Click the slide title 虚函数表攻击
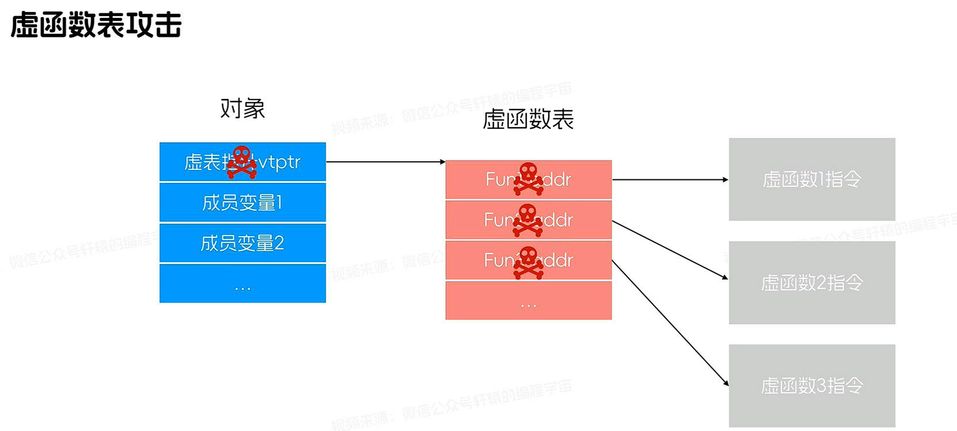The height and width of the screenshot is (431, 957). click(x=96, y=25)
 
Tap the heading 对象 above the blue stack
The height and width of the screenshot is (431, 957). click(x=242, y=108)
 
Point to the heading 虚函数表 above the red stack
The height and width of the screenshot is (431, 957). click(x=528, y=119)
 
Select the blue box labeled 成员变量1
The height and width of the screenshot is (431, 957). click(x=242, y=202)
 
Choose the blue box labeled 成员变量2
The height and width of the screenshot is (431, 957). click(x=242, y=243)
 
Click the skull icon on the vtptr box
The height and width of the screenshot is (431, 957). click(x=242, y=162)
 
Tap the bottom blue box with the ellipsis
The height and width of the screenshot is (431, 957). click(x=242, y=283)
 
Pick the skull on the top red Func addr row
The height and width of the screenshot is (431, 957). click(x=528, y=179)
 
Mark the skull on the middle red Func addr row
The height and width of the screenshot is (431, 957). click(x=527, y=220)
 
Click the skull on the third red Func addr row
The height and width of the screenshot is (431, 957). click(x=528, y=262)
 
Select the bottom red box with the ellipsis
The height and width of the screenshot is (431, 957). click(x=528, y=301)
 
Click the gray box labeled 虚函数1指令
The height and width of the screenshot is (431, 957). click(x=811, y=179)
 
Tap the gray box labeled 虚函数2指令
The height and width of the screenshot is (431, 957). click(x=811, y=283)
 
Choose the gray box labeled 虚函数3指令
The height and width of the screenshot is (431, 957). click(x=811, y=386)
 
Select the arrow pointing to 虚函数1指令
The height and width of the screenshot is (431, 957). click(x=670, y=179)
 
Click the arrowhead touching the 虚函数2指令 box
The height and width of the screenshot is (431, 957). click(x=725, y=277)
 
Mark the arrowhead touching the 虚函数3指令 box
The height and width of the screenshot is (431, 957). click(x=726, y=383)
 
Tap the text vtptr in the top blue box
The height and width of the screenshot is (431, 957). click(x=279, y=162)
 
